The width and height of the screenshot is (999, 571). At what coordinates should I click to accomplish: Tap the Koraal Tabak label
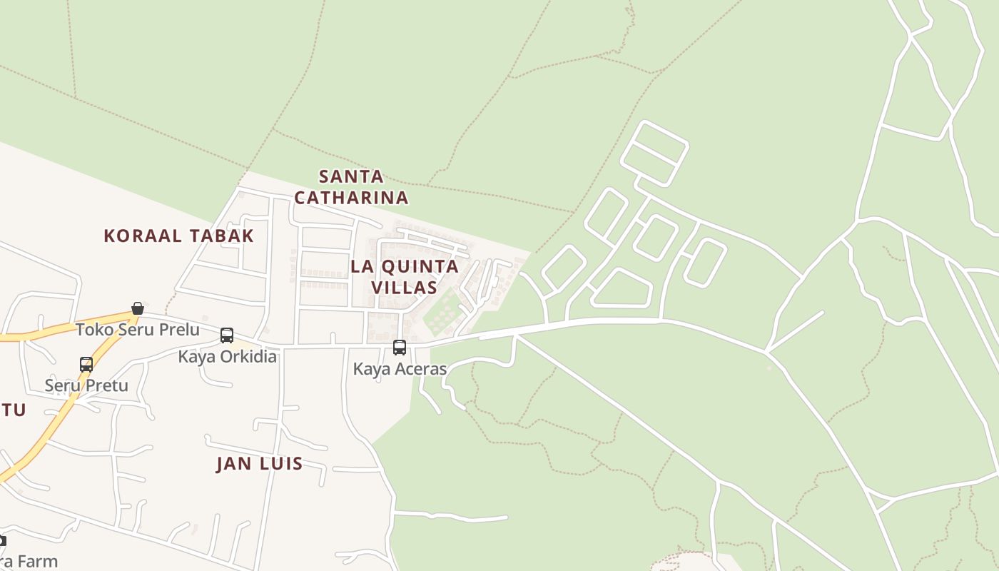click(x=178, y=236)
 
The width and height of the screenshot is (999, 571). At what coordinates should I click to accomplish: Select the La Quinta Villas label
click(x=404, y=277)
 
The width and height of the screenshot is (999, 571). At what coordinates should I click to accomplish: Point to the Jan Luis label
click(x=260, y=463)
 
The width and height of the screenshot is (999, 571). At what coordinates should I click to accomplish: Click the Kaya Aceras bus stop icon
click(x=400, y=348)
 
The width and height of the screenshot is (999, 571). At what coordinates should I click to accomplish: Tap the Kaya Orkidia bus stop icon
click(x=227, y=335)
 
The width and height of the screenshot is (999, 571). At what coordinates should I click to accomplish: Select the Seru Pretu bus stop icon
click(x=86, y=365)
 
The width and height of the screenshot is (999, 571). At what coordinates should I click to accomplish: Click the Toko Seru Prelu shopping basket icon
click(x=138, y=308)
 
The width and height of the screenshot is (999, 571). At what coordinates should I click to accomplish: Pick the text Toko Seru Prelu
click(x=138, y=330)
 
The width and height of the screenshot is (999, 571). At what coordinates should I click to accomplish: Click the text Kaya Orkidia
click(x=227, y=356)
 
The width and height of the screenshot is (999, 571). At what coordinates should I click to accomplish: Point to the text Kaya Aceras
click(x=400, y=369)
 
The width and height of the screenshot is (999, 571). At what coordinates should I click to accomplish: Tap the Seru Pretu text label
click(x=86, y=385)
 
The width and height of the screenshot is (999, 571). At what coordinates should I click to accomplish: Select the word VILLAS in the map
click(x=404, y=288)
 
